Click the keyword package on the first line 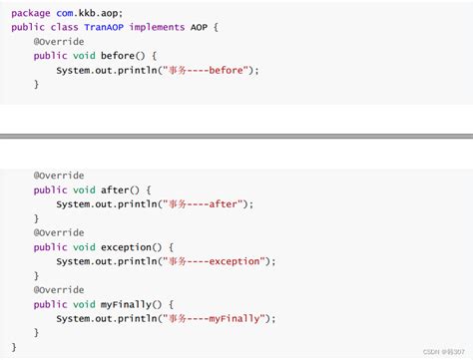coord(30,12)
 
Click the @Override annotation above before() coord(59,41)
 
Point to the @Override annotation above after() coord(59,175)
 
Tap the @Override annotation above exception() coord(59,232)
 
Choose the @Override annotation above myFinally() coord(59,289)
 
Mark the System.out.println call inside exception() coord(104,261)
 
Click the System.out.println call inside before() coord(104,70)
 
